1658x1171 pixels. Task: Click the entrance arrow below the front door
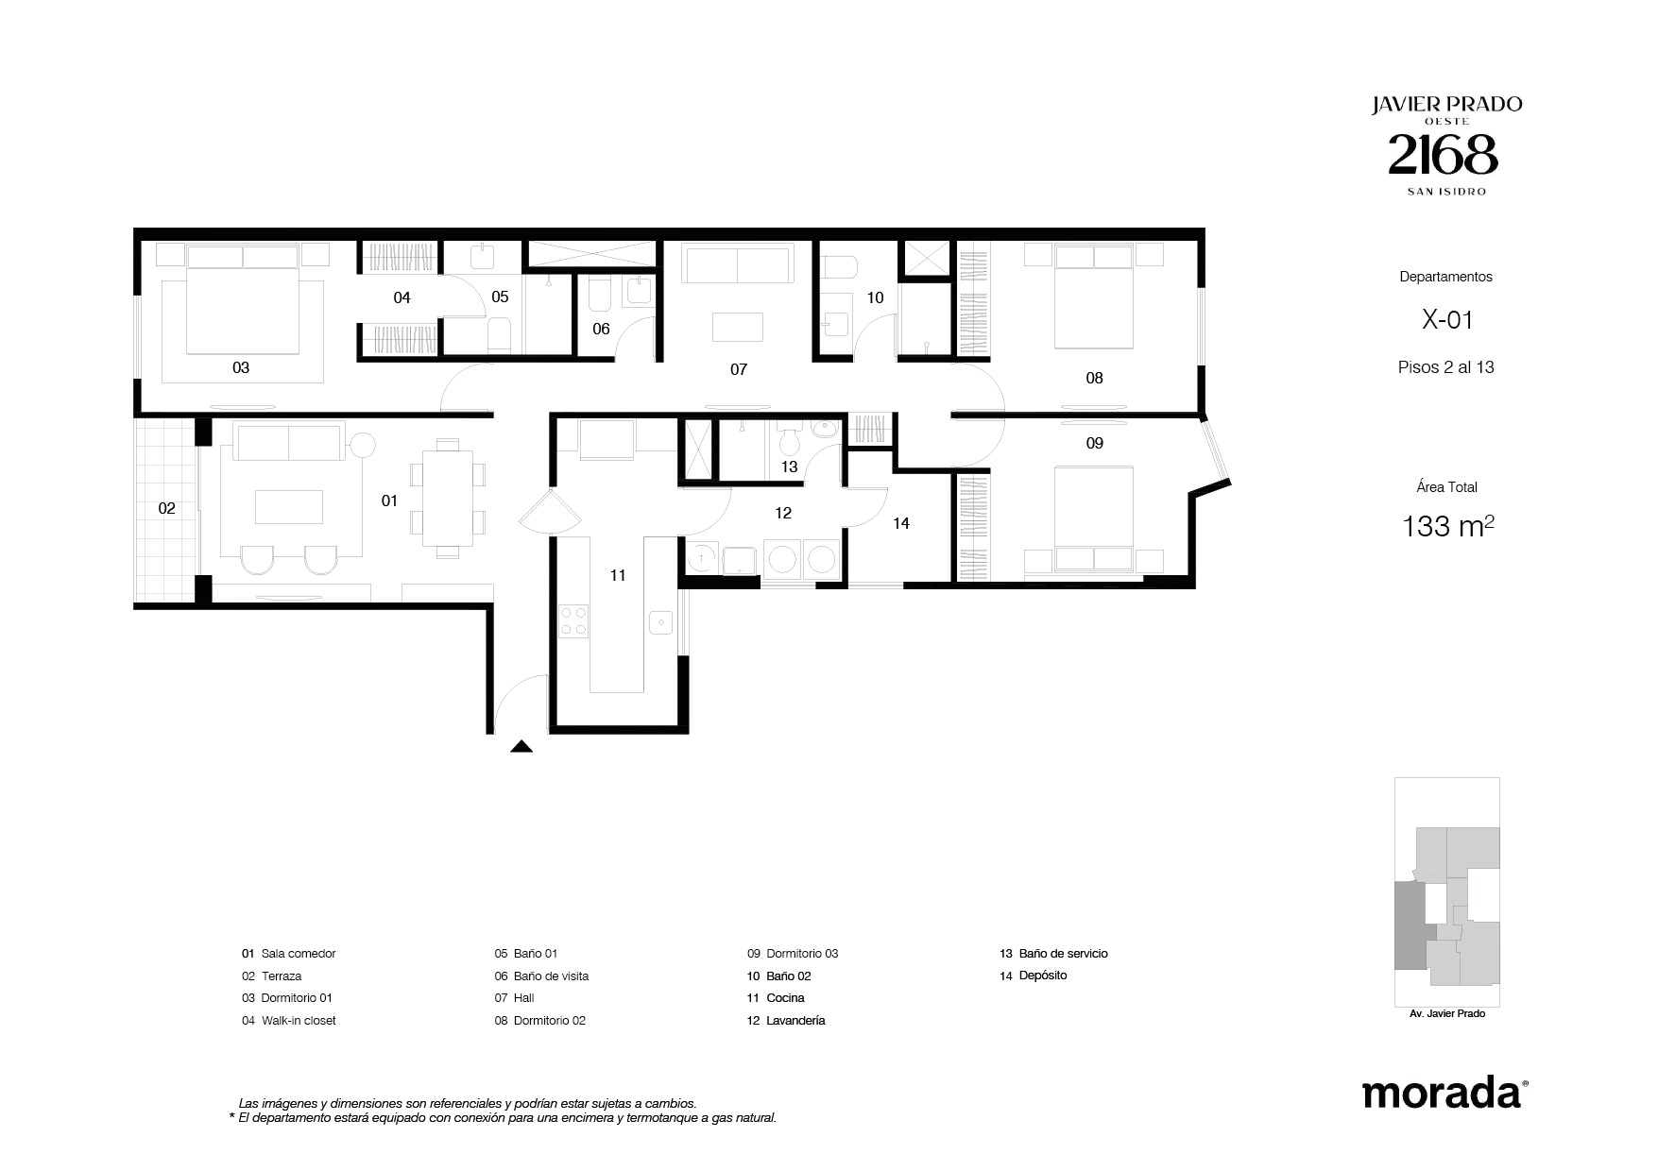click(521, 746)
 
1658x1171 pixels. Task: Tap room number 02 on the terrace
click(167, 508)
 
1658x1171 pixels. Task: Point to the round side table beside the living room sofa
click(362, 445)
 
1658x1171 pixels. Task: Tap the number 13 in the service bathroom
click(790, 467)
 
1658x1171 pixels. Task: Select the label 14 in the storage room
click(901, 523)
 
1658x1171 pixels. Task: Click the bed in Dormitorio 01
click(243, 298)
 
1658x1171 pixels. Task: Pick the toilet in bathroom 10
click(838, 269)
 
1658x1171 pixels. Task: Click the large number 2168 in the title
click(1443, 154)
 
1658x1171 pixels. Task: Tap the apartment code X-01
click(1447, 320)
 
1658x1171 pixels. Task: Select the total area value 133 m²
click(1448, 526)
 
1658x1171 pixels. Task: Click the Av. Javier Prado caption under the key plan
click(1446, 1013)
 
